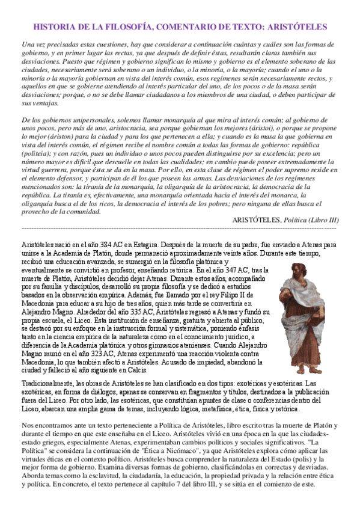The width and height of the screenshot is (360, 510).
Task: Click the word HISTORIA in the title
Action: click(52, 27)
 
